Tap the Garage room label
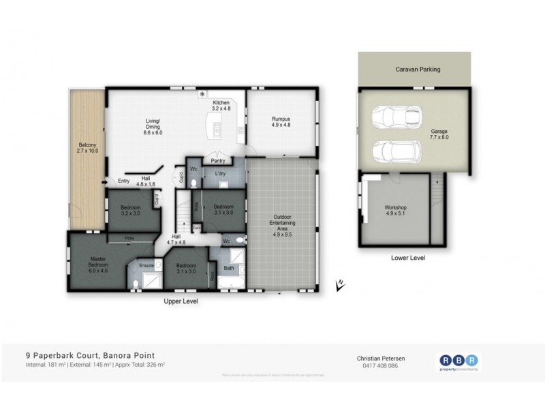[x=439, y=134]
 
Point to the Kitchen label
[x=222, y=104]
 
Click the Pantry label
[x=218, y=161]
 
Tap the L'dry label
[x=220, y=175]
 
